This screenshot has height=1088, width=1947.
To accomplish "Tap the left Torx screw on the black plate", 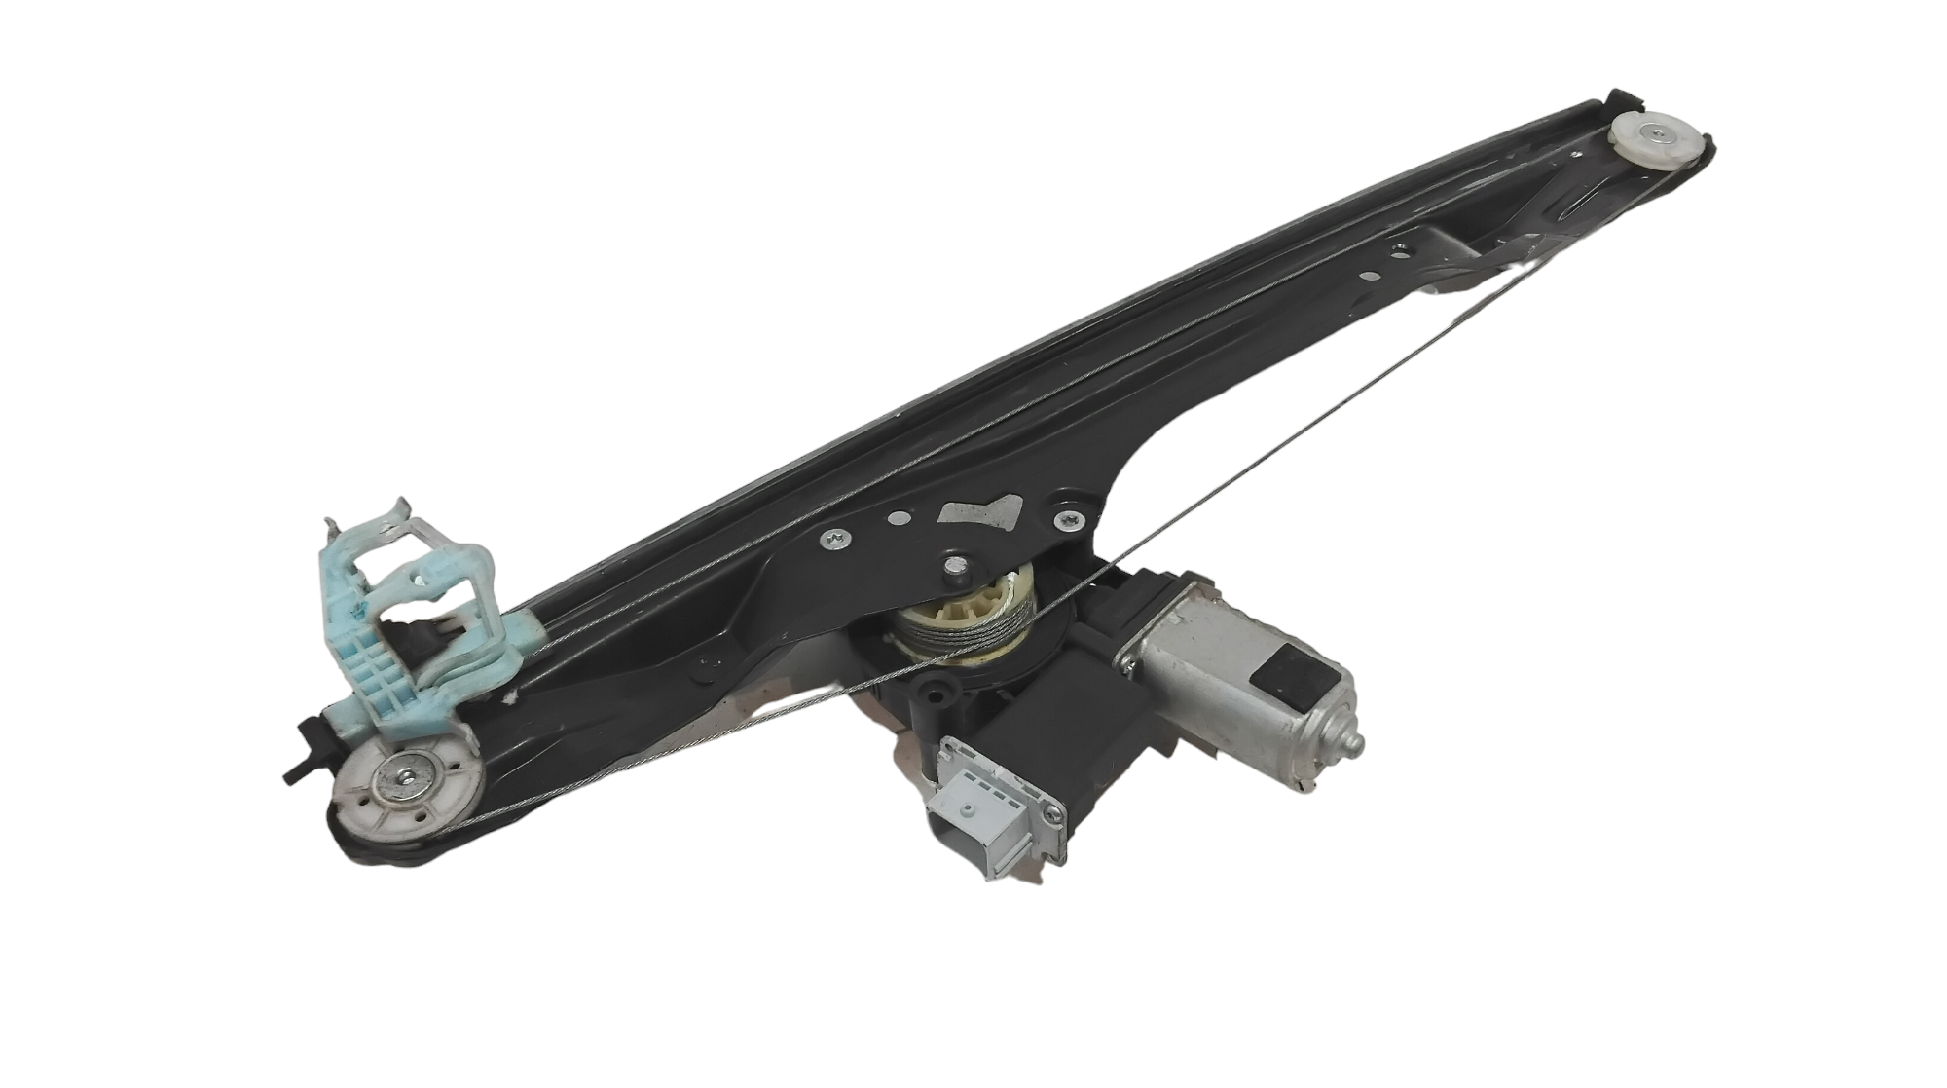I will [x=835, y=535].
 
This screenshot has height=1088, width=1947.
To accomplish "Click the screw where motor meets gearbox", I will [x=1128, y=664].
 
